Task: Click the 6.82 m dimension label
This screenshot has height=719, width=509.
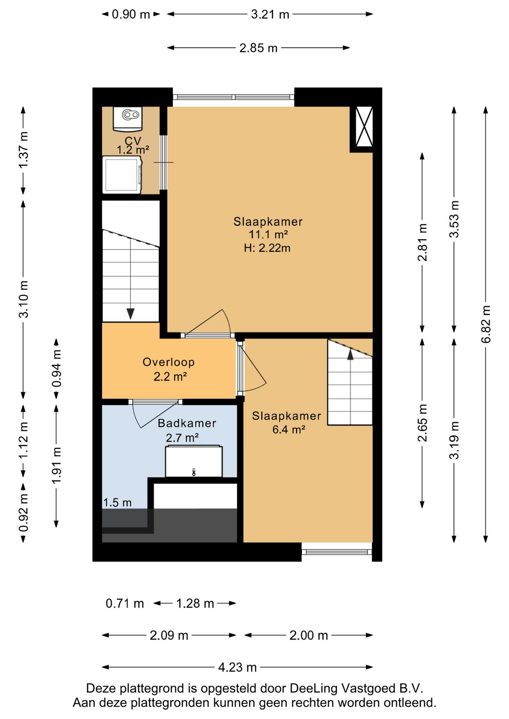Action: [486, 324]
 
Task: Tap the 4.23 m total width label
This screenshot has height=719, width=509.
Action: [238, 667]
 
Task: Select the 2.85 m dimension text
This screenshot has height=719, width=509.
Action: [259, 48]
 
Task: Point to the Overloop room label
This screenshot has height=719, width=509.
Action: [169, 362]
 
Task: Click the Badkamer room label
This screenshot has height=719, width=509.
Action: [187, 423]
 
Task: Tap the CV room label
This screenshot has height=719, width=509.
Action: [133, 140]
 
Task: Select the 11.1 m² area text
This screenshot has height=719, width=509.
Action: [268, 234]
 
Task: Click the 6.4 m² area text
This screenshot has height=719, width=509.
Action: [289, 430]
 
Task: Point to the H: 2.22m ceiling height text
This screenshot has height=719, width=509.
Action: [267, 248]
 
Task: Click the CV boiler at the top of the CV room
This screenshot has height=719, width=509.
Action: [128, 119]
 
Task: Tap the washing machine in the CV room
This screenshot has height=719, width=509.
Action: [122, 175]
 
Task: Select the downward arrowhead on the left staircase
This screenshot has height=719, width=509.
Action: [130, 314]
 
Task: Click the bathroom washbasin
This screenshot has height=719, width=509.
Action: [194, 461]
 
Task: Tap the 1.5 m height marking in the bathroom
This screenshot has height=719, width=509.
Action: [117, 503]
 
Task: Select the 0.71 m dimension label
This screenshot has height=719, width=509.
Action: [125, 603]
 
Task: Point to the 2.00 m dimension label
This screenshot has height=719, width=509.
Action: [309, 635]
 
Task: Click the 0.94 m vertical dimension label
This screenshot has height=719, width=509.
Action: [56, 368]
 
